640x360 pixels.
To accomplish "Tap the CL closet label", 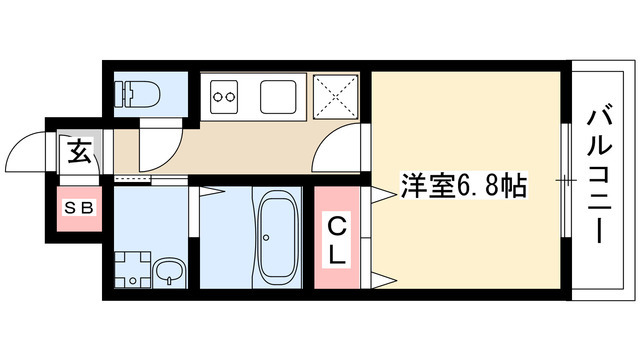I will pos(339,241).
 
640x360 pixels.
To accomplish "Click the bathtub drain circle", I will pos(266,237).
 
